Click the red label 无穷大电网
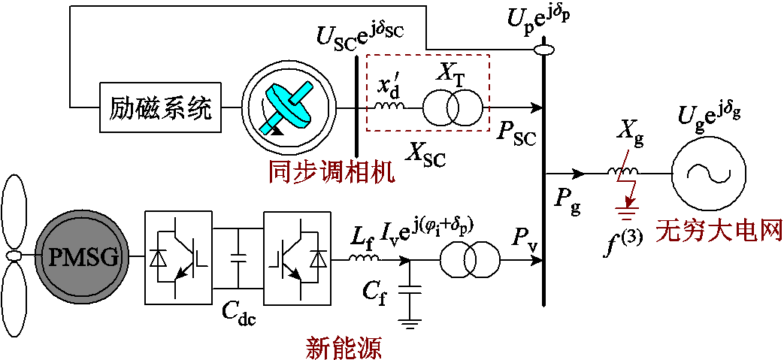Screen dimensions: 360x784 click(x=719, y=230)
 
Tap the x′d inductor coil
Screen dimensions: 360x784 click(x=389, y=106)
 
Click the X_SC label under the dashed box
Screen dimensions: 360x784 click(x=425, y=153)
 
